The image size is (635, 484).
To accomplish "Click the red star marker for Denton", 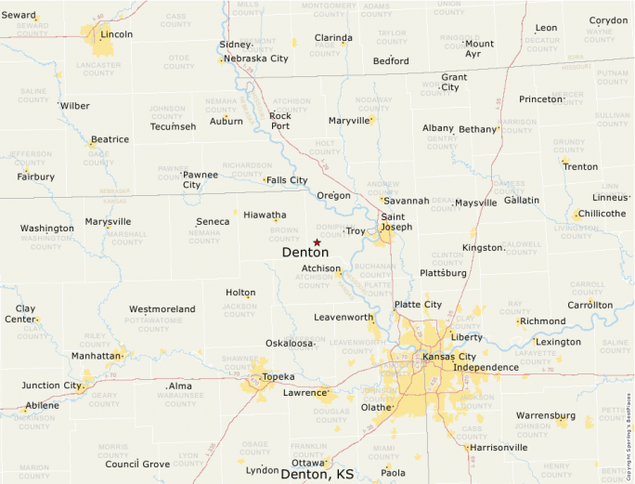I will click(317, 242).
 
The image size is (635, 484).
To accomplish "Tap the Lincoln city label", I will click(117, 34).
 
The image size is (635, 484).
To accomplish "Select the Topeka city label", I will click(278, 377).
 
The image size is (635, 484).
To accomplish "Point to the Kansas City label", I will click(448, 357).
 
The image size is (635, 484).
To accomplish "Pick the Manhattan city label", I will click(97, 356).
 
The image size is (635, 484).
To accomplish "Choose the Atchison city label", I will click(321, 268).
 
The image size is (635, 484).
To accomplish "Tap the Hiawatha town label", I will click(265, 215).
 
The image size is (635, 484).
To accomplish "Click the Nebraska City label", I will click(253, 59).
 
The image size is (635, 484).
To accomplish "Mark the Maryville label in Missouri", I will click(350, 121).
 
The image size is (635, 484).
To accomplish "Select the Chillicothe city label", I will click(602, 214).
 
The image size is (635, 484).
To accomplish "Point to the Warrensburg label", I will click(546, 415).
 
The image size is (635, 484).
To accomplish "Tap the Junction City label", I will click(52, 386).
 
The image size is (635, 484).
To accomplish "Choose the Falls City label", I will click(287, 180).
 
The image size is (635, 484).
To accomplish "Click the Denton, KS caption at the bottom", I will click(317, 474).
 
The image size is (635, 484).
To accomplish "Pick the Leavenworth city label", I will click(343, 317).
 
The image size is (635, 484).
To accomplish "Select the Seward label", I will click(19, 15).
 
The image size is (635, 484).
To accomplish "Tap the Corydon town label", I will click(608, 20).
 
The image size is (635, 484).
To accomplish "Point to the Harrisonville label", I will click(499, 447).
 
